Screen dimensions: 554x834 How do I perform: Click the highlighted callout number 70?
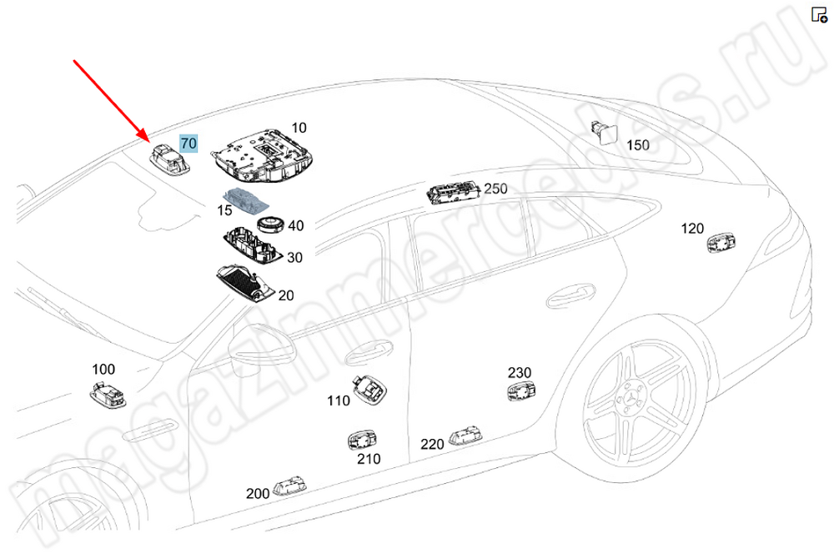pyautogui.click(x=188, y=144)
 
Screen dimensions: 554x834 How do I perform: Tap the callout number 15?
pyautogui.click(x=225, y=210)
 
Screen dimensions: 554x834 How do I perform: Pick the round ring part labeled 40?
pyautogui.click(x=270, y=224)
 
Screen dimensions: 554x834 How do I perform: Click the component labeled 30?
pyautogui.click(x=252, y=248)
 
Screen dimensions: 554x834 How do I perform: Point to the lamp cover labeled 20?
pyautogui.click(x=246, y=283)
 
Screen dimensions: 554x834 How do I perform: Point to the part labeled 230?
pyautogui.click(x=521, y=391)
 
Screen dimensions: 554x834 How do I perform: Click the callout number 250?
pyautogui.click(x=495, y=189)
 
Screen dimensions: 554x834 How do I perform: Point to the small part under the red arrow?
pyautogui.click(x=168, y=157)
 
